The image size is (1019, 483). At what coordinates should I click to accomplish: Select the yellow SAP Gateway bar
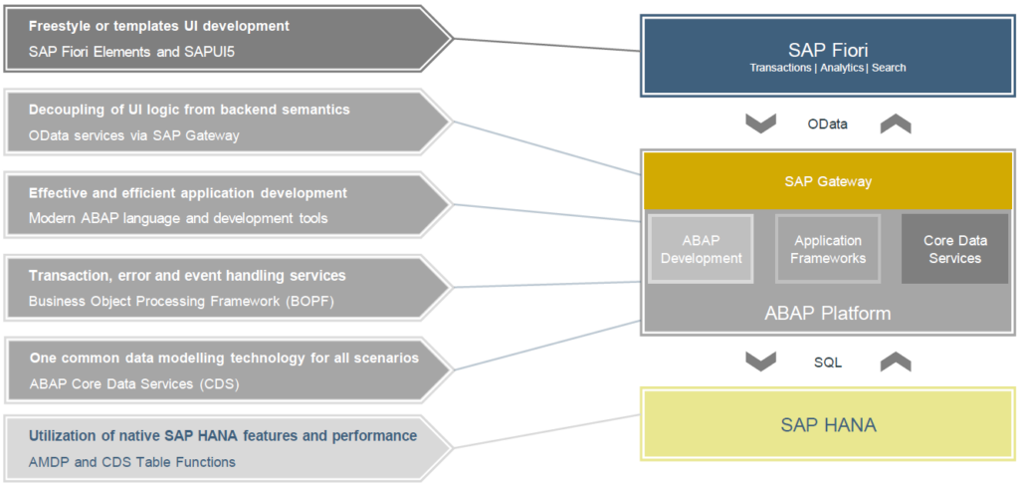[827, 181]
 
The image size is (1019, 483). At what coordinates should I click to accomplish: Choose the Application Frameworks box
[828, 249]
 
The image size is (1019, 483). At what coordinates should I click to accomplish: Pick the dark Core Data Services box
[952, 249]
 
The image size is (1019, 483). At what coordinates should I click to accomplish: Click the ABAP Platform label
[827, 313]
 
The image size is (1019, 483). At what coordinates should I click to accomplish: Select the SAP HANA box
[827, 425]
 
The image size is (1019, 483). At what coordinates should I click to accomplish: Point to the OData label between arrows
[828, 123]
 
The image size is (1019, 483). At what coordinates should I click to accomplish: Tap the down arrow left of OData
[761, 123]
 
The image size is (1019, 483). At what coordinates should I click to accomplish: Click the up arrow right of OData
[895, 123]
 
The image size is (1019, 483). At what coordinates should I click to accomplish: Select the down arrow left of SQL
[761, 362]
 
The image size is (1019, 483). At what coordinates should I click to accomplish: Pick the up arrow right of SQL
[895, 362]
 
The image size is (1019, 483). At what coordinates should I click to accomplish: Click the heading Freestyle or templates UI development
[159, 26]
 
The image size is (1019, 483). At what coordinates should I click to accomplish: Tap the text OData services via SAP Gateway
[134, 135]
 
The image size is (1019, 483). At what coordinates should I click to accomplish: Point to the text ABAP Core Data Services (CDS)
[134, 383]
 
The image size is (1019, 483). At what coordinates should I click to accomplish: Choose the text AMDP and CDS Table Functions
[132, 461]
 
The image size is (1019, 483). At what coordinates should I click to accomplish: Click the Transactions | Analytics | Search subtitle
[827, 69]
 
